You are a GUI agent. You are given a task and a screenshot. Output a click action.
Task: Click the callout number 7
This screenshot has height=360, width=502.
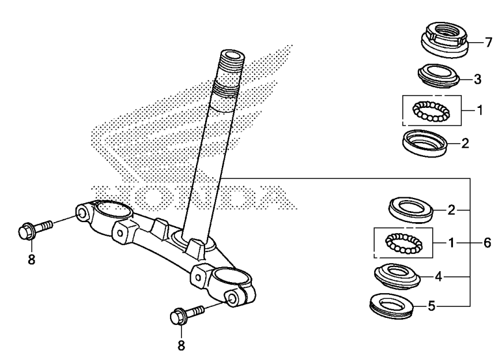pos(488,43)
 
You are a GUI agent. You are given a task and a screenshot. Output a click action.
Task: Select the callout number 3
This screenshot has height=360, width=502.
pos(477,79)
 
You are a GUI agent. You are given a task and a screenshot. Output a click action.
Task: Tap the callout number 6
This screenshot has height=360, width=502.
pos(487,243)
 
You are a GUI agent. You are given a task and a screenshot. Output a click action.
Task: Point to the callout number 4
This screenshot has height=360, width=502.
pos(438,276)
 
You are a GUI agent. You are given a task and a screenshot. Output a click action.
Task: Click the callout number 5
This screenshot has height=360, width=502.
pos(432,306)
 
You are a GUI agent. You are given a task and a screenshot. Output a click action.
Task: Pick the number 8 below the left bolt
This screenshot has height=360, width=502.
pos(31,260)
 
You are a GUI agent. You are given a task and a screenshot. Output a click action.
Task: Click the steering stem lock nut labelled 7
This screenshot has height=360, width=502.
pos(444,40)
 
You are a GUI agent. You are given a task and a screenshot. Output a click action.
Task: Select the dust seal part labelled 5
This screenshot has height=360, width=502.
pos(391,306)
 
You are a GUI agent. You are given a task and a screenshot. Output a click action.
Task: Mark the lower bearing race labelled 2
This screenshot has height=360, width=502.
pos(410,211)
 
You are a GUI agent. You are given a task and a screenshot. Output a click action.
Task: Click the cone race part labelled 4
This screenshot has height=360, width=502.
pos(397,277)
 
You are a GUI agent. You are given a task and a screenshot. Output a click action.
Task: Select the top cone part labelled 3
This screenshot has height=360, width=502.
pos(439,76)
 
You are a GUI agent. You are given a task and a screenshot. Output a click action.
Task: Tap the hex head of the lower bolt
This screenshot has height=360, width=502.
pos(177,316)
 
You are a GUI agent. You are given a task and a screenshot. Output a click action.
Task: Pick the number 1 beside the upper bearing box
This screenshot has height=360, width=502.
pos(480,110)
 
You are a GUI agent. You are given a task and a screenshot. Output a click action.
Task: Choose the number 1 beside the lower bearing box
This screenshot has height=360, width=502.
pos(451,243)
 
